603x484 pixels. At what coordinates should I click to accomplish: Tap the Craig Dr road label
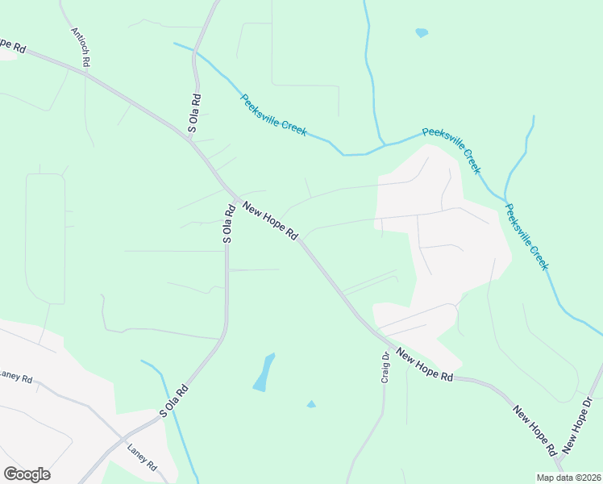385,371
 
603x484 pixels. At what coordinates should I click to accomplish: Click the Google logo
27,474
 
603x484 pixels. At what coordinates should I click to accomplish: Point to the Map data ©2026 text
569,478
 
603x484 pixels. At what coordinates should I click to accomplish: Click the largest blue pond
264,373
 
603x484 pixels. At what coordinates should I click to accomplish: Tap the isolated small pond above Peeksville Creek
421,33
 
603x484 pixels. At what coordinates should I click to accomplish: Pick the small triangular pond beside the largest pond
311,404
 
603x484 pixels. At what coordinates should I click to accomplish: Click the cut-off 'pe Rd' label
11,46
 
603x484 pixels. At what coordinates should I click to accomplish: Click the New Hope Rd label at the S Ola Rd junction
270,222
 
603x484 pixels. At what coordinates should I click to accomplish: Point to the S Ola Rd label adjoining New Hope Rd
228,223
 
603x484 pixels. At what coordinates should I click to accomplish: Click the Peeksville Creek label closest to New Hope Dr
527,236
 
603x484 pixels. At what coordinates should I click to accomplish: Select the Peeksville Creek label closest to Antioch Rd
273,115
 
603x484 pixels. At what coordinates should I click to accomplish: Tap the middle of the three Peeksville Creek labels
452,150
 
